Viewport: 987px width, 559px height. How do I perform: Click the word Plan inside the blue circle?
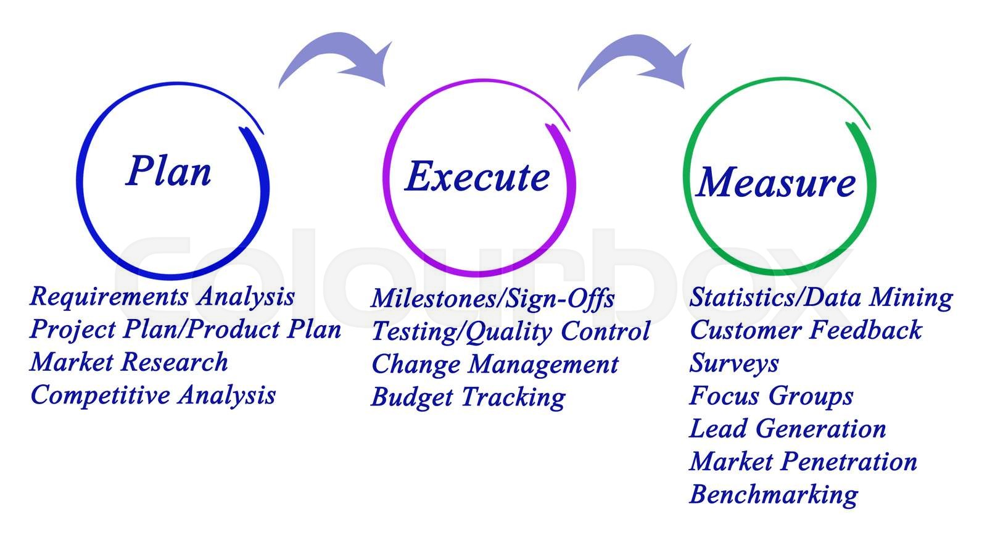[x=168, y=171]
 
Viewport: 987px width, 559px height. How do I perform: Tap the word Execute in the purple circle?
[x=477, y=176]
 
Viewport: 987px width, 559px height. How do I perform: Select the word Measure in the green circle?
[x=776, y=183]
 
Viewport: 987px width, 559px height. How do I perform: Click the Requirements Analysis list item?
[x=162, y=297]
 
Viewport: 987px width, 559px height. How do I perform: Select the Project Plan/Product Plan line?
[x=185, y=329]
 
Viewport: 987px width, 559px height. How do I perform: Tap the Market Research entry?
[x=129, y=362]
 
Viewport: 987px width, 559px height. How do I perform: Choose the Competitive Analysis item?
[x=153, y=395]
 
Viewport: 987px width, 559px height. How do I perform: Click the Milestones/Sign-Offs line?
[x=492, y=299]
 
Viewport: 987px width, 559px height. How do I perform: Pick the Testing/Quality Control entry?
[x=510, y=331]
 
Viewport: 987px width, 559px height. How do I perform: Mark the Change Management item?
[x=495, y=364]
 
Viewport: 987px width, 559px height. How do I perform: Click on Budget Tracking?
[x=468, y=397]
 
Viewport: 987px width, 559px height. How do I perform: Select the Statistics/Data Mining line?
[x=820, y=297]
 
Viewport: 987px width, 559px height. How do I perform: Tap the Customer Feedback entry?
[x=805, y=330]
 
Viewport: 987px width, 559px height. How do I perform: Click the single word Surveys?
[x=734, y=363]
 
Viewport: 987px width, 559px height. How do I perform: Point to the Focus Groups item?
[x=771, y=395]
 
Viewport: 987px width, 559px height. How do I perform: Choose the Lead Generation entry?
[x=787, y=428]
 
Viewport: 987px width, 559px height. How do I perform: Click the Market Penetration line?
[x=803, y=462]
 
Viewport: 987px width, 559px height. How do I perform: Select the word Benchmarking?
[x=774, y=494]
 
